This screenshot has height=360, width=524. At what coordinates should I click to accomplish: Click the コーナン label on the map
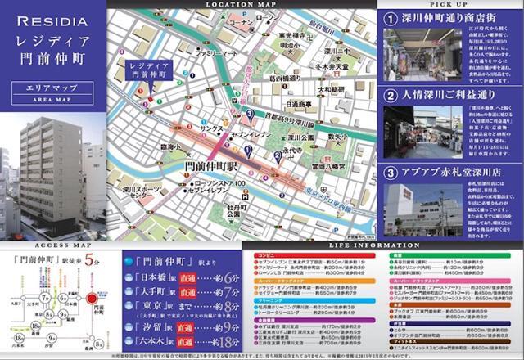242,24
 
